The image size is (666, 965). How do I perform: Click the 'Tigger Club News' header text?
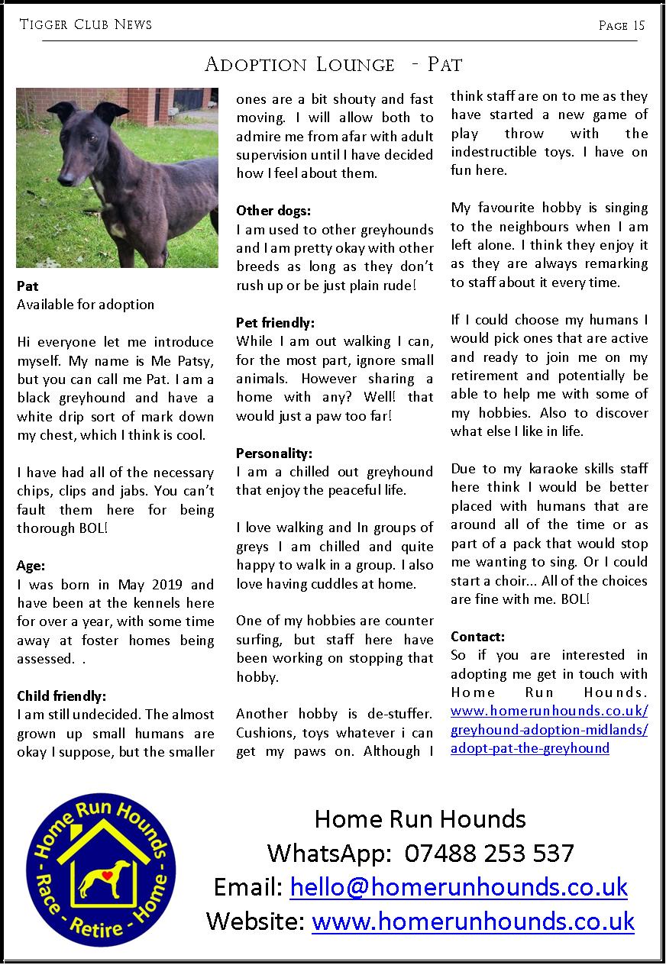pyautogui.click(x=86, y=25)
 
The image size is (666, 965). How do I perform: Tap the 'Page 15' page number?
pyautogui.click(x=622, y=26)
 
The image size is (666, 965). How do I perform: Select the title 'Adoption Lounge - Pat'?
pyautogui.click(x=333, y=64)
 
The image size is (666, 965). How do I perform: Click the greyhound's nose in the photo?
pyautogui.click(x=63, y=179)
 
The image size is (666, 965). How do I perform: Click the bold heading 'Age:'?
pyautogui.click(x=31, y=566)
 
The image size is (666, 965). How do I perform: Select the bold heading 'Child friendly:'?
pyautogui.click(x=61, y=696)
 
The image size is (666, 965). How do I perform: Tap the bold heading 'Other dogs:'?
pyautogui.click(x=273, y=211)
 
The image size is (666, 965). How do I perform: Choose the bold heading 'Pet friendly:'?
pyautogui.click(x=275, y=322)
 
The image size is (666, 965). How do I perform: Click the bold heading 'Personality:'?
pyautogui.click(x=274, y=453)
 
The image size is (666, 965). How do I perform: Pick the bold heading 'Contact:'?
pyautogui.click(x=478, y=636)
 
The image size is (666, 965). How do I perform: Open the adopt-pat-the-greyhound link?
pyautogui.click(x=530, y=748)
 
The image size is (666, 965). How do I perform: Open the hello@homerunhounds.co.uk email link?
pyautogui.click(x=458, y=887)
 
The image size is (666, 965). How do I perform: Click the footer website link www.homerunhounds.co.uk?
pyautogui.click(x=473, y=921)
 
